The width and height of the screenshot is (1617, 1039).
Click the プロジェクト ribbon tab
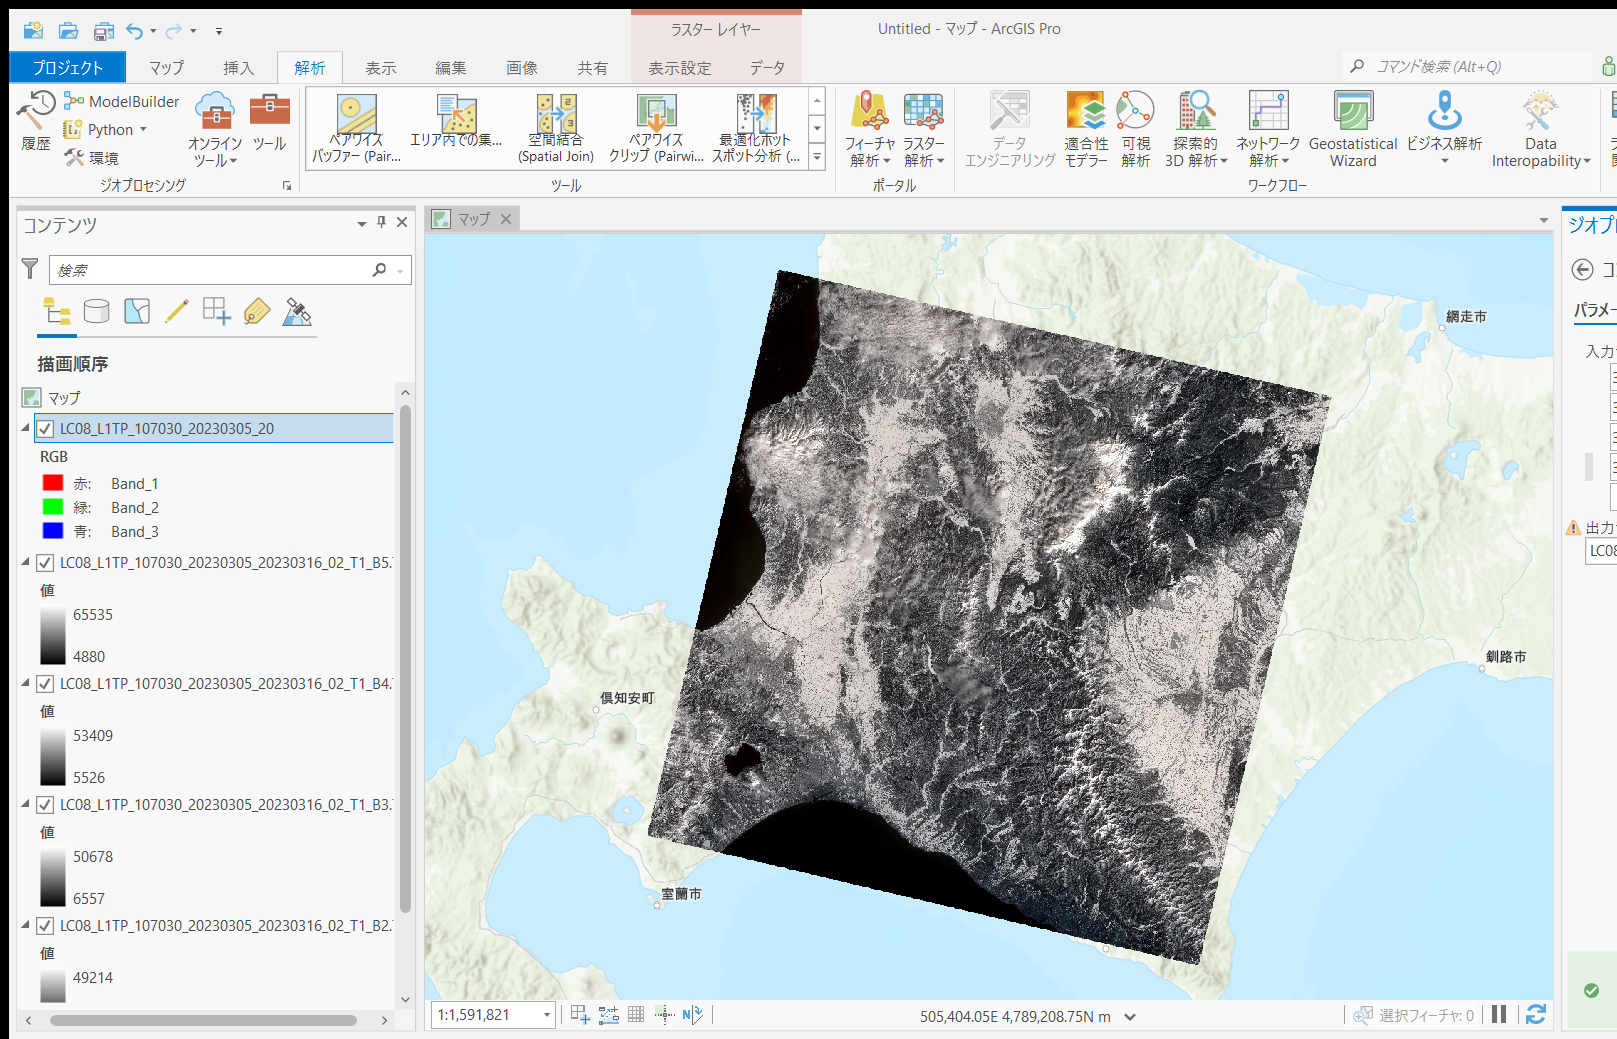[67, 67]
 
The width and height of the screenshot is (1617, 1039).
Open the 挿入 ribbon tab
[238, 68]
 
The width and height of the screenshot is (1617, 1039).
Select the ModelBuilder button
[123, 101]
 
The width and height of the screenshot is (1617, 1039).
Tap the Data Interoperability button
[1540, 130]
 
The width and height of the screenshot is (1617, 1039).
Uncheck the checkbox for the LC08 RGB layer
[45, 429]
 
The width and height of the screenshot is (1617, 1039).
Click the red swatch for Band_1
[53, 483]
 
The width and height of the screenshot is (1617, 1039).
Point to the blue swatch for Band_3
[53, 531]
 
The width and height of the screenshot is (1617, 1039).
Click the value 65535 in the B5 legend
[93, 615]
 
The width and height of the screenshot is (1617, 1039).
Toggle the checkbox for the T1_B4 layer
[45, 684]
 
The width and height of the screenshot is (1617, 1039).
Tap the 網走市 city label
[1466, 316]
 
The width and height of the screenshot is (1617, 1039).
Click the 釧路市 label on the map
[1505, 657]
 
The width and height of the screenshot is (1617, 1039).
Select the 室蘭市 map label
[681, 894]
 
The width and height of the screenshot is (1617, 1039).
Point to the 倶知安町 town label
[627, 698]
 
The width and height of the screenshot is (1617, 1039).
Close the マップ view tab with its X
[506, 219]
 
